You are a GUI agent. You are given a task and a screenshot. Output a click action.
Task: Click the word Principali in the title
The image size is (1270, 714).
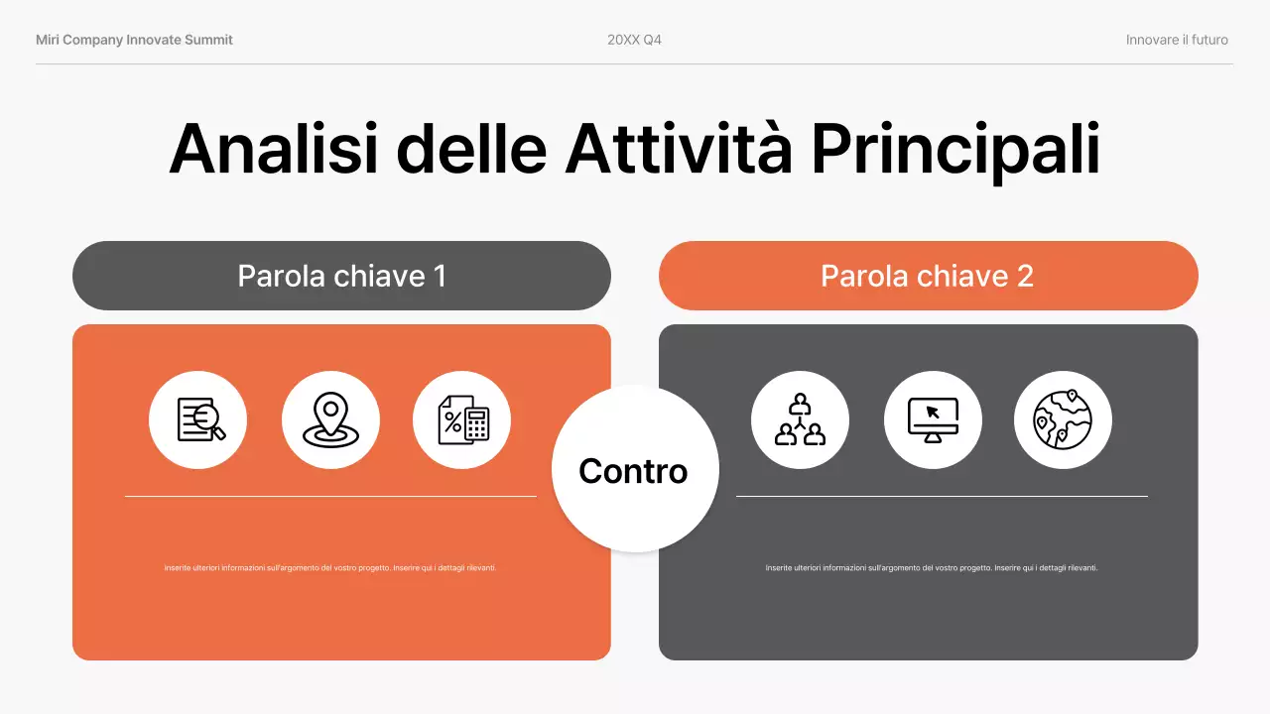(x=954, y=150)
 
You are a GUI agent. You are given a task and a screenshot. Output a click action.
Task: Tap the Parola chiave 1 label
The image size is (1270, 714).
(x=341, y=276)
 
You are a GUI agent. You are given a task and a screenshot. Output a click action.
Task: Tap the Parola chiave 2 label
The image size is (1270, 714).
(x=927, y=276)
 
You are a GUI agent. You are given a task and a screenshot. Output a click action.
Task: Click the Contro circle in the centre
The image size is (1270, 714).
(x=633, y=470)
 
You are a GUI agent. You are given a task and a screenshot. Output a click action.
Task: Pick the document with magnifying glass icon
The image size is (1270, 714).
(x=198, y=419)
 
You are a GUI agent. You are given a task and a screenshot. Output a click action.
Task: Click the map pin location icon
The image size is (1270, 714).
(x=330, y=419)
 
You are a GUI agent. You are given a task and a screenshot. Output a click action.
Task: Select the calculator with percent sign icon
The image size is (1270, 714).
(x=462, y=419)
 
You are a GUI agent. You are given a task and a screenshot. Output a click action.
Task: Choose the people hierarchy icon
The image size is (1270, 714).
(x=800, y=419)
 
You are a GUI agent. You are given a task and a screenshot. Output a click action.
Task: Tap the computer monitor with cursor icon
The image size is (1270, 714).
(x=933, y=419)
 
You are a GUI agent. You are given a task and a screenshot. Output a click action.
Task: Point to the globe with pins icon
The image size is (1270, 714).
(x=1063, y=419)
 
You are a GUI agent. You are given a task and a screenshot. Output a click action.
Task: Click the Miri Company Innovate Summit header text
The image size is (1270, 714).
(x=134, y=40)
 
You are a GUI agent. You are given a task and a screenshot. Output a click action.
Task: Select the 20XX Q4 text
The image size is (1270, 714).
(x=634, y=40)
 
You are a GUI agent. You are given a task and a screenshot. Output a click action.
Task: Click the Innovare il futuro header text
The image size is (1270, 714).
(x=1177, y=40)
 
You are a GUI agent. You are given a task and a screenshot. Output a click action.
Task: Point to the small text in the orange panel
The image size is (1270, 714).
(x=330, y=568)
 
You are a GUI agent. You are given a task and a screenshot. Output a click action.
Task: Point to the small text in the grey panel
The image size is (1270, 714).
(x=932, y=568)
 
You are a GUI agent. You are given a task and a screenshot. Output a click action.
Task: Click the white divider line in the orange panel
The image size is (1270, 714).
(x=330, y=496)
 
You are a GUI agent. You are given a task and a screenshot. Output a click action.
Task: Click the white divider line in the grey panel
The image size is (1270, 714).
(x=942, y=496)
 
